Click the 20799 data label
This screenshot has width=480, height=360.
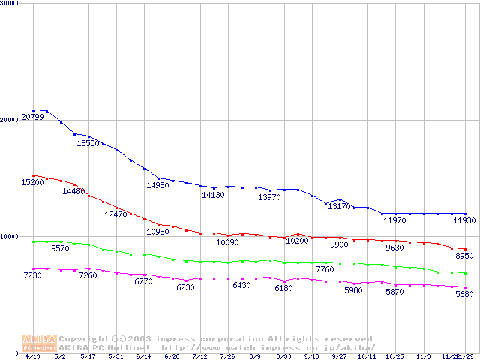click(x=32, y=117)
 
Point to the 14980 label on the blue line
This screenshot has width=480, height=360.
click(x=157, y=185)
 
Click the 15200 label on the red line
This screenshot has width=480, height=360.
click(x=32, y=182)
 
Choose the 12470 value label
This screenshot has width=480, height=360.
click(x=115, y=214)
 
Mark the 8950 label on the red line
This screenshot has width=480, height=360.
click(x=465, y=256)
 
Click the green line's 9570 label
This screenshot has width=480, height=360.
click(x=60, y=247)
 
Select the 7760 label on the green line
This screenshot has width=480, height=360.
click(x=325, y=269)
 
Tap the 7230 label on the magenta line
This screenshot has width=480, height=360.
click(x=32, y=276)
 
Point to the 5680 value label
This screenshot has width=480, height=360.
click(x=465, y=294)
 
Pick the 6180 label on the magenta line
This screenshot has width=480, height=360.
click(x=283, y=288)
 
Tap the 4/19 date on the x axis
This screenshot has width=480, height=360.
click(x=32, y=357)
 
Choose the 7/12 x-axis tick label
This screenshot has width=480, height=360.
click(x=199, y=357)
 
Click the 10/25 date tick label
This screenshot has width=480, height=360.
click(x=395, y=357)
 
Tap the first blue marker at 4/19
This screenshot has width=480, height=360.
click(x=33, y=110)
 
